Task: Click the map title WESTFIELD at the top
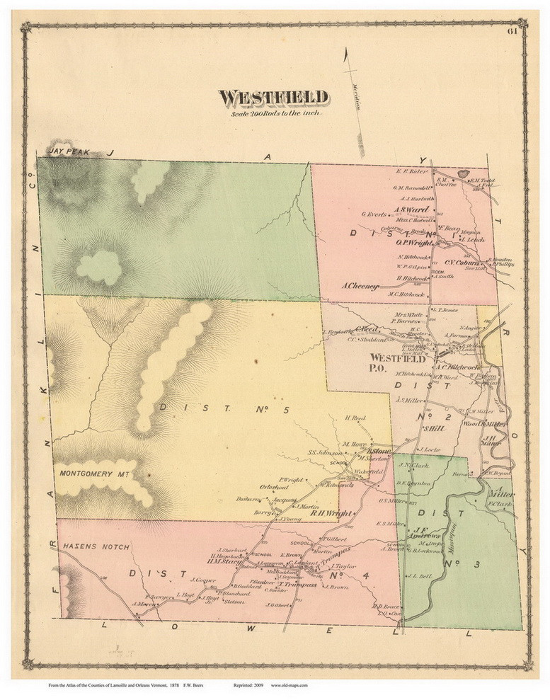(x=273, y=97)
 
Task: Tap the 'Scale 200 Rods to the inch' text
(x=273, y=113)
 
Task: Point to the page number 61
(x=512, y=29)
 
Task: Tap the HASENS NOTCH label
(x=89, y=547)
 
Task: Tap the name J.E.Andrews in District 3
(x=428, y=532)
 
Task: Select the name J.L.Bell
(x=420, y=577)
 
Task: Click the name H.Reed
(x=354, y=418)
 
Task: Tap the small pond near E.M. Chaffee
(x=464, y=173)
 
